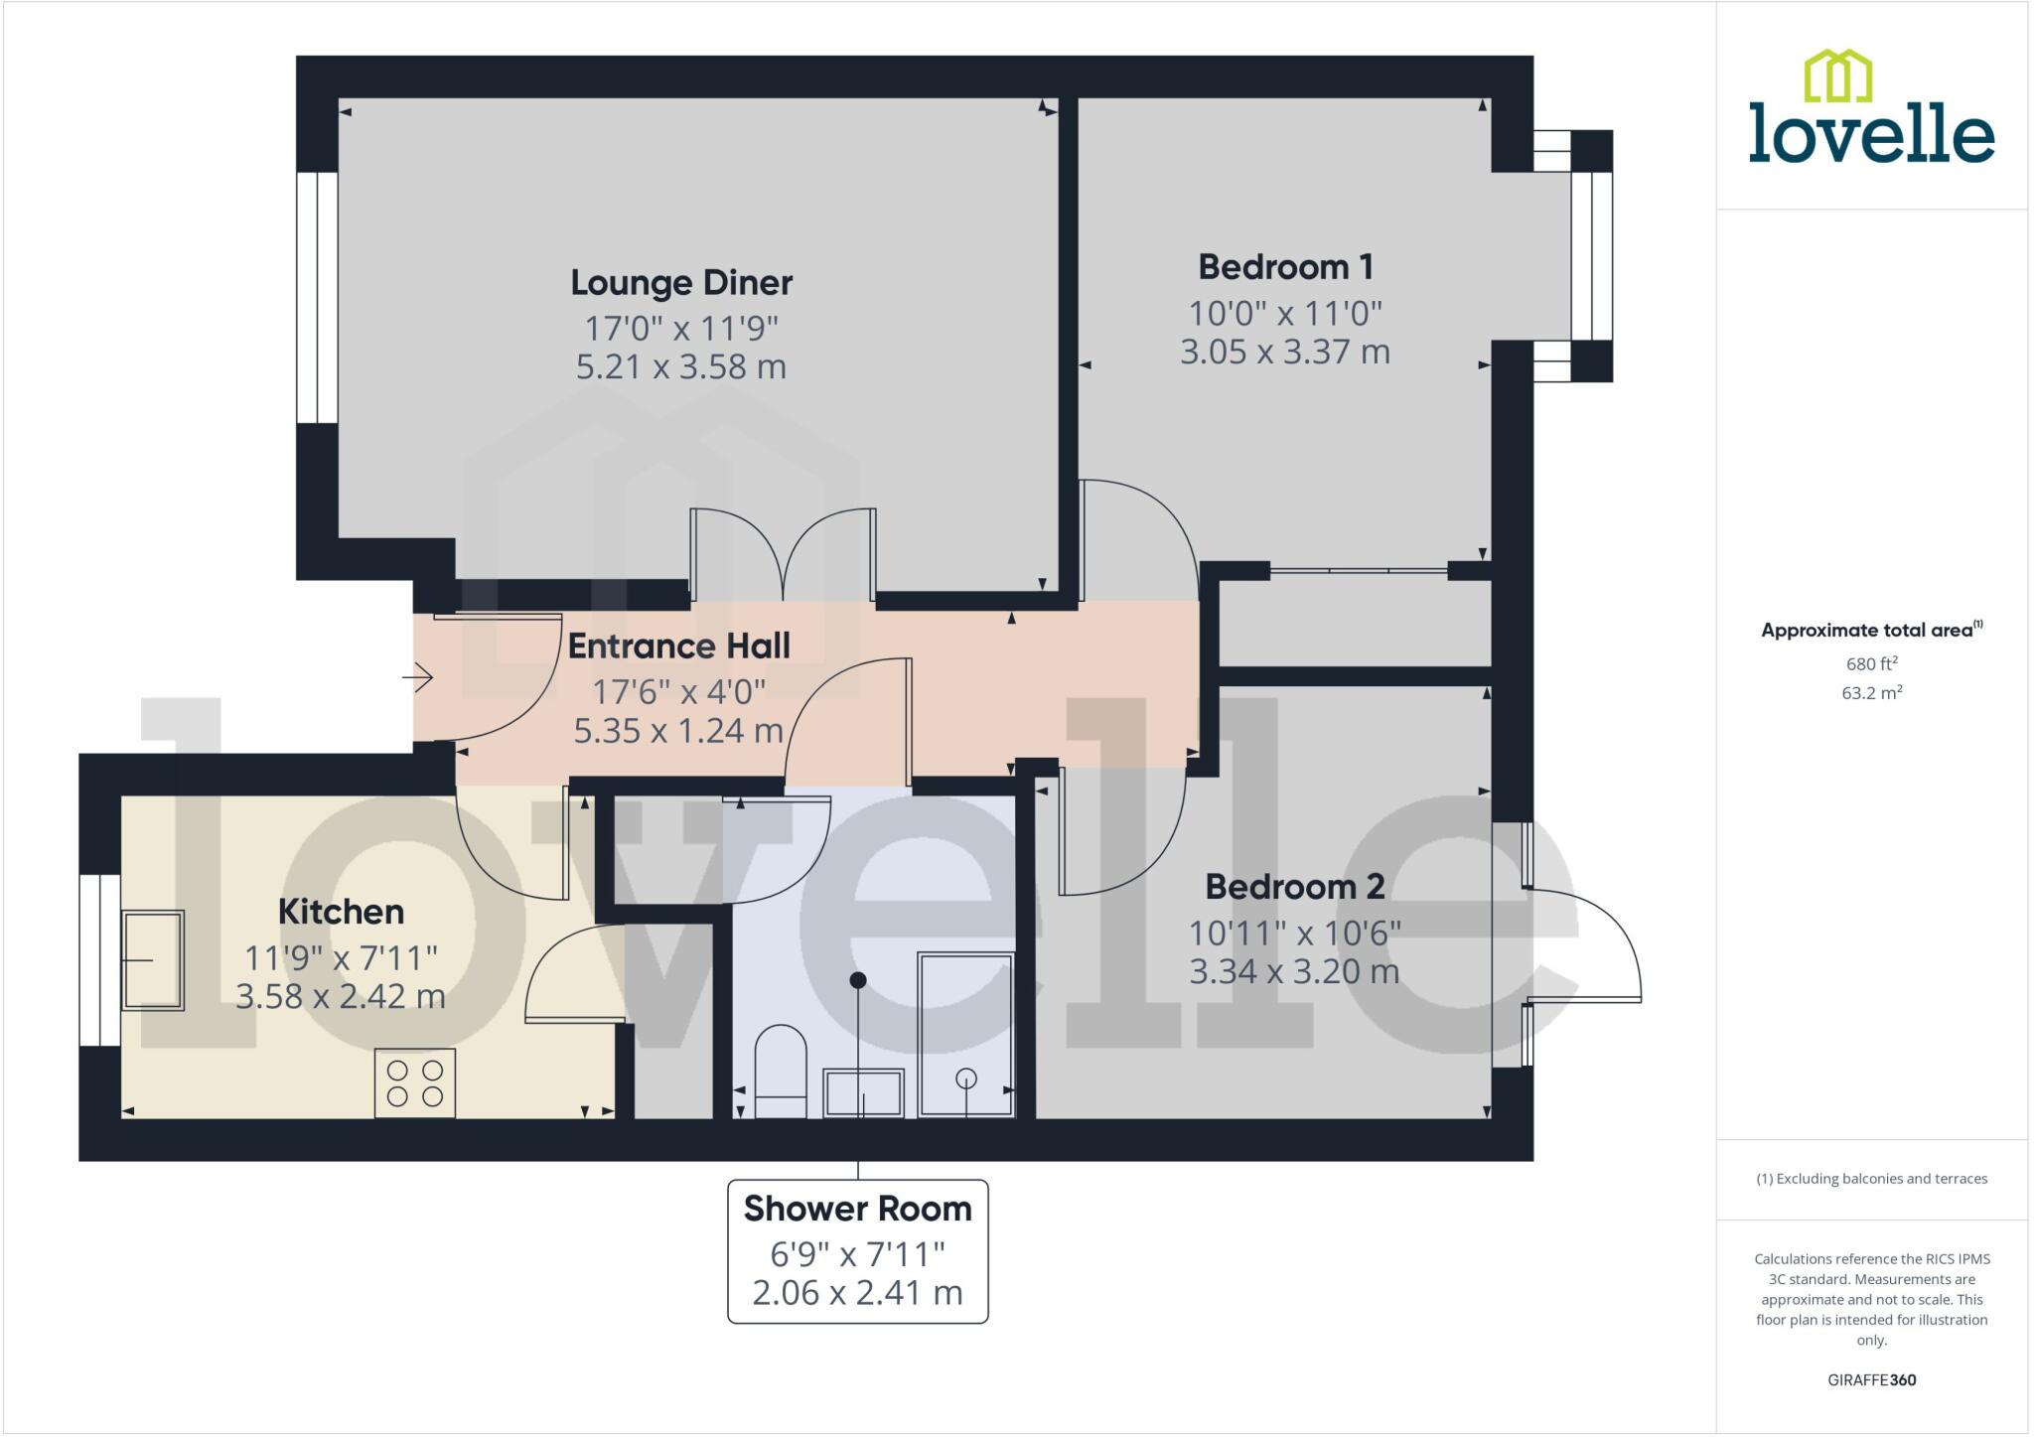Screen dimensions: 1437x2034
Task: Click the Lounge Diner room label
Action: coord(681,283)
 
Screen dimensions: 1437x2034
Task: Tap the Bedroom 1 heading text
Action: coord(1285,267)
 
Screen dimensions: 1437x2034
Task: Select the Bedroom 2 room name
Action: coord(1294,887)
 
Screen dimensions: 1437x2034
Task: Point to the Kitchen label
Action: coord(341,912)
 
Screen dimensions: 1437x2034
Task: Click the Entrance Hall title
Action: coord(678,647)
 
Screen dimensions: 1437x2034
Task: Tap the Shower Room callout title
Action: coord(857,1209)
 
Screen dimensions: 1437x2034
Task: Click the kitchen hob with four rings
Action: coord(415,1082)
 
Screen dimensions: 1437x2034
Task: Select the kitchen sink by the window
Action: coord(153,960)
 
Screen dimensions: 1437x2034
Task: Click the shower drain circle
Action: coord(965,1078)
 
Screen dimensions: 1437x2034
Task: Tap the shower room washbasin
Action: coord(863,1092)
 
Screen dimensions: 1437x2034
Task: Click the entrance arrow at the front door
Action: coord(418,678)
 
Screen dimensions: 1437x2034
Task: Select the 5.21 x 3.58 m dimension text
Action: coord(681,366)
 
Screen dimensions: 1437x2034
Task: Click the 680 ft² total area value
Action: coord(1871,664)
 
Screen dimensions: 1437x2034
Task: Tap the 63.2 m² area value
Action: coord(1871,693)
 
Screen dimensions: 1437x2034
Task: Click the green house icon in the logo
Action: coord(1837,76)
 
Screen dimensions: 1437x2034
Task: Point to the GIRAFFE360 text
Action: coord(1871,1379)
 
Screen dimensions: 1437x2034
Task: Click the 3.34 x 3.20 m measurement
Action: coord(1294,971)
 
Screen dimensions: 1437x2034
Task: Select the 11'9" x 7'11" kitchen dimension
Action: coord(341,958)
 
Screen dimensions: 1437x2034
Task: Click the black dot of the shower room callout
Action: coord(858,980)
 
